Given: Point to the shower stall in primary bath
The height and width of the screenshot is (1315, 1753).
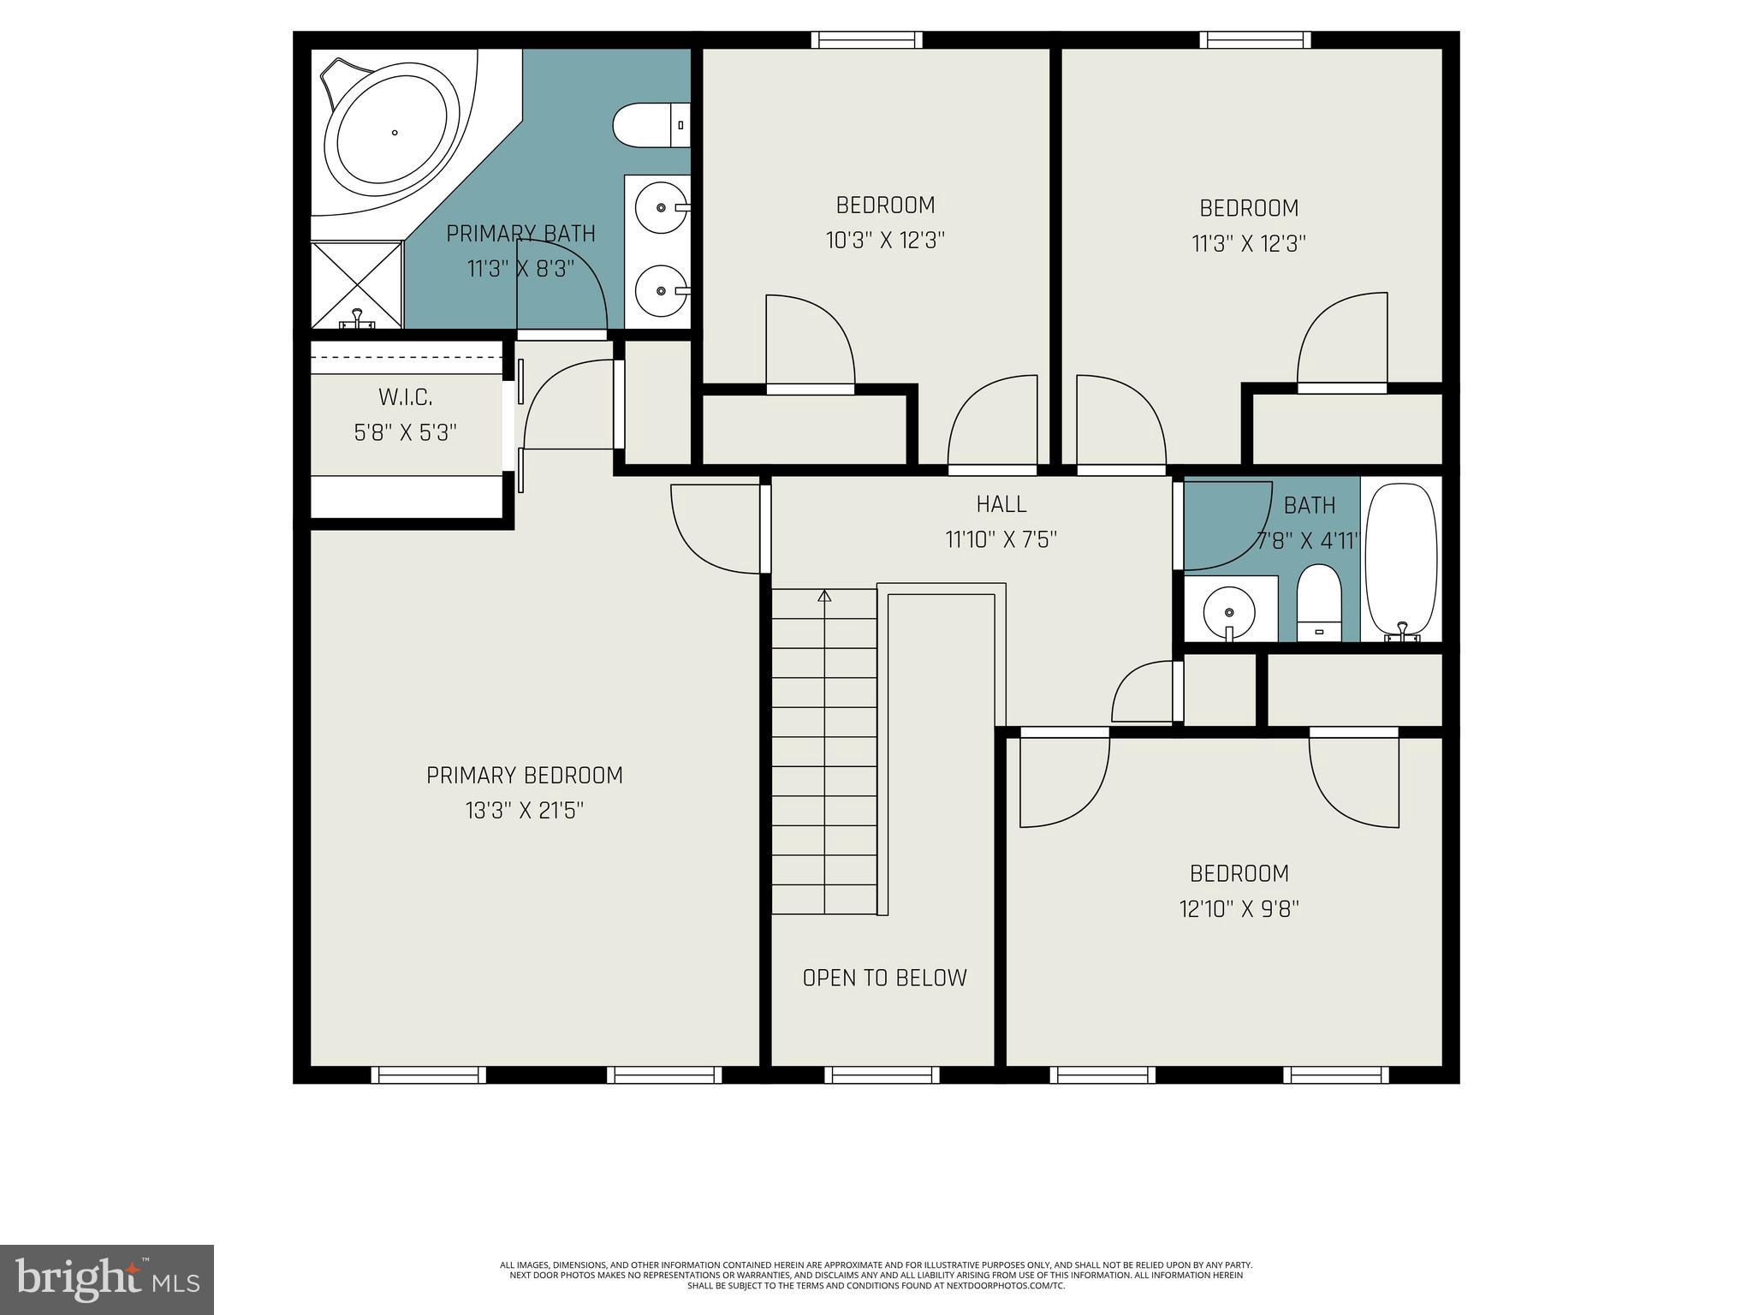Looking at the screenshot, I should (356, 284).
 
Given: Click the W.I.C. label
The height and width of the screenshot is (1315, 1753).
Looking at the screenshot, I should (406, 397).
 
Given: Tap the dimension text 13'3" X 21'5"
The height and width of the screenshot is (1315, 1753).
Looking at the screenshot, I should (525, 810).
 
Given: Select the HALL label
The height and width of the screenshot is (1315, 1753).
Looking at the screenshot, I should (1001, 504).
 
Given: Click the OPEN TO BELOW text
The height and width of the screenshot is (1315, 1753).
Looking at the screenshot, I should (884, 978).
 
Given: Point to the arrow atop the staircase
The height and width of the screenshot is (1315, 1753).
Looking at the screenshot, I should (824, 596).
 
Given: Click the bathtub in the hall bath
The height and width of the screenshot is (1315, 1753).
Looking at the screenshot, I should (1400, 561).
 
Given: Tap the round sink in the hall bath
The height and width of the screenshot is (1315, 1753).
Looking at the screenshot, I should (1229, 612).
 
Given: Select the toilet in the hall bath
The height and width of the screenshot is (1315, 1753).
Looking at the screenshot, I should (1317, 602).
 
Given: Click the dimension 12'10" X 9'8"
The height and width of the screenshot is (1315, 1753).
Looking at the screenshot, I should (1239, 908).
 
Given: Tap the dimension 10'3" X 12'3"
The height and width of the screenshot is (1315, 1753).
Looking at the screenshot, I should (884, 241).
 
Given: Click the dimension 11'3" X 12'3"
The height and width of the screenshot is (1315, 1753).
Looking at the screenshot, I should (1248, 244).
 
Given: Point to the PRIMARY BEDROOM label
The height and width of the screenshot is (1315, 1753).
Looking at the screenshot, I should (525, 776).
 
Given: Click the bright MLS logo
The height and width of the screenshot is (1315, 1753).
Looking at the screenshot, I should (107, 1279).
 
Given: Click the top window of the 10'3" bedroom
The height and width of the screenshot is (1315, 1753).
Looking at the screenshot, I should (866, 39).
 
